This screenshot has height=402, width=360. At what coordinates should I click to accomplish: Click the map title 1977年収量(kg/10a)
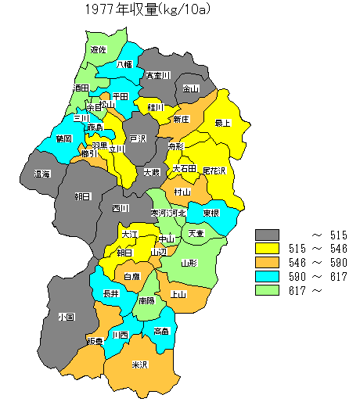pos(149,10)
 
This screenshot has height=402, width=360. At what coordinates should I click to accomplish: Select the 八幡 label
pos(124,65)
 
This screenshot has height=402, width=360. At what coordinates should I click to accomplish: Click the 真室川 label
pos(159,76)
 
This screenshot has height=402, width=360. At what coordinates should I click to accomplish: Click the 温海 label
pos(41,174)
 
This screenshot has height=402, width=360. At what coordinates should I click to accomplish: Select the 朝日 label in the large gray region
pos(82,196)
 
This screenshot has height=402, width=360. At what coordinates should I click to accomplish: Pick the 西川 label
pos(120,209)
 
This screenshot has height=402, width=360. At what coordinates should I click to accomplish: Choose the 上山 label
pos(178,294)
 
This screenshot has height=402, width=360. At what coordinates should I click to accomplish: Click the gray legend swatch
pos(268,235)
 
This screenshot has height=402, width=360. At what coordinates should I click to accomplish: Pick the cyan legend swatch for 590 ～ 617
pos(268,276)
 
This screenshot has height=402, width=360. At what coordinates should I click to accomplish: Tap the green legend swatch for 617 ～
pos(268,290)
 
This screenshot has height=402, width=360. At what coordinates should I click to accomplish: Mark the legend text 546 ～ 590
pos(318,263)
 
